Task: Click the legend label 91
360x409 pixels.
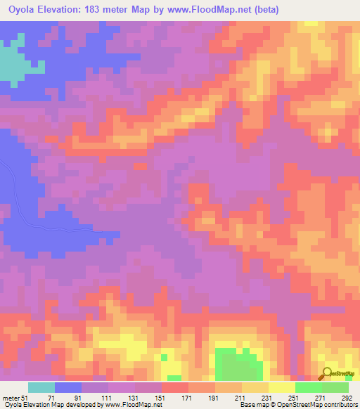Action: (68, 397)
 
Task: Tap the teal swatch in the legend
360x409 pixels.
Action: (41, 387)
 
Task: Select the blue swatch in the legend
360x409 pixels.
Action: (68, 387)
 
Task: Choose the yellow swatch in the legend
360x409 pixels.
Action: (282, 387)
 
